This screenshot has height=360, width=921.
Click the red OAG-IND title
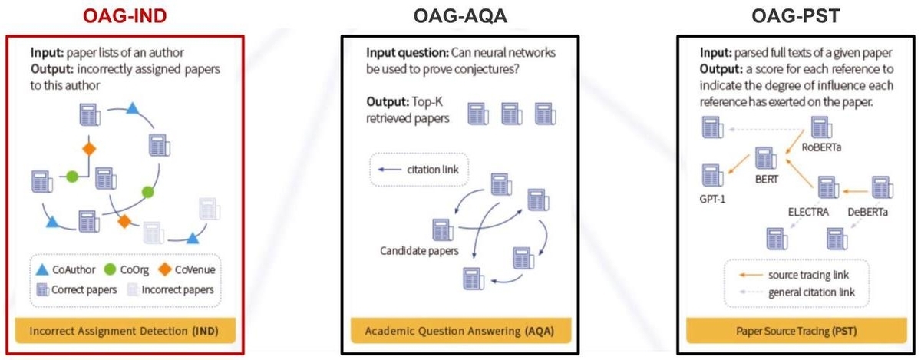pos(124,15)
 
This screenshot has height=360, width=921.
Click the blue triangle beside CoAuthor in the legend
pos(44,269)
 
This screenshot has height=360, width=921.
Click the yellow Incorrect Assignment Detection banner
pos(125,332)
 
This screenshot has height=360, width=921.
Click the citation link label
pos(432,170)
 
